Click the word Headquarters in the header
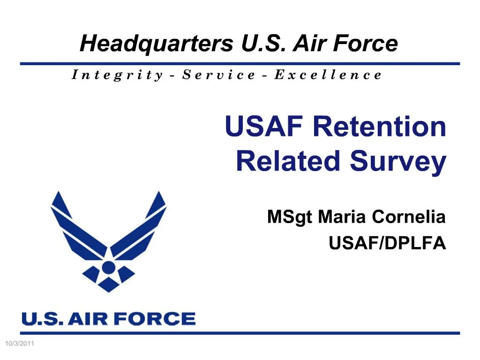pyautogui.click(x=157, y=44)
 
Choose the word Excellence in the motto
pyautogui.click(x=328, y=75)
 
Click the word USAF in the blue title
pyautogui.click(x=265, y=127)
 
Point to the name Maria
pyautogui.click(x=342, y=217)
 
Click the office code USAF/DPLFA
pyautogui.click(x=387, y=243)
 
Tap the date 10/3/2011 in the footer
pyautogui.click(x=19, y=345)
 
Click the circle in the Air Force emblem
pyautogui.click(x=108, y=267)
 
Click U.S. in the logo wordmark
pyautogui.click(x=42, y=319)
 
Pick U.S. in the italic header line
pyautogui.click(x=265, y=44)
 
